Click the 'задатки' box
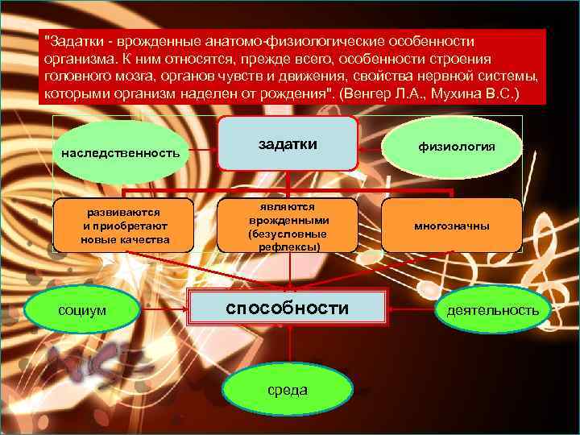click(x=288, y=143)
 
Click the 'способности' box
click(x=288, y=309)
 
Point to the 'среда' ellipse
click(x=288, y=390)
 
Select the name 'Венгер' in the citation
click(x=372, y=94)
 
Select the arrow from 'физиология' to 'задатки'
click(x=379, y=148)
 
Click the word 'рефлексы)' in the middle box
click(x=288, y=246)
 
